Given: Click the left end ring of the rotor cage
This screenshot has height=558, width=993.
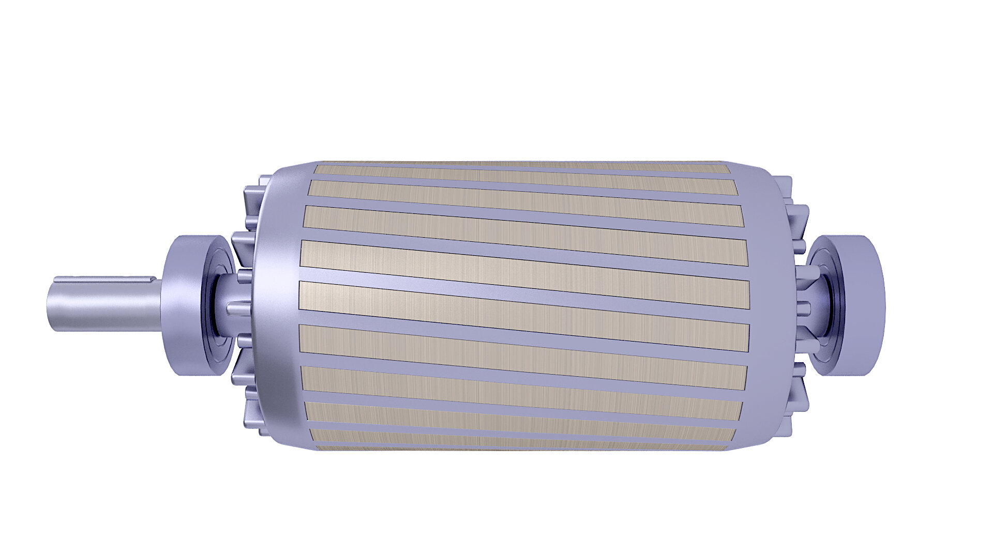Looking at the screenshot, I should [x=277, y=305].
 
